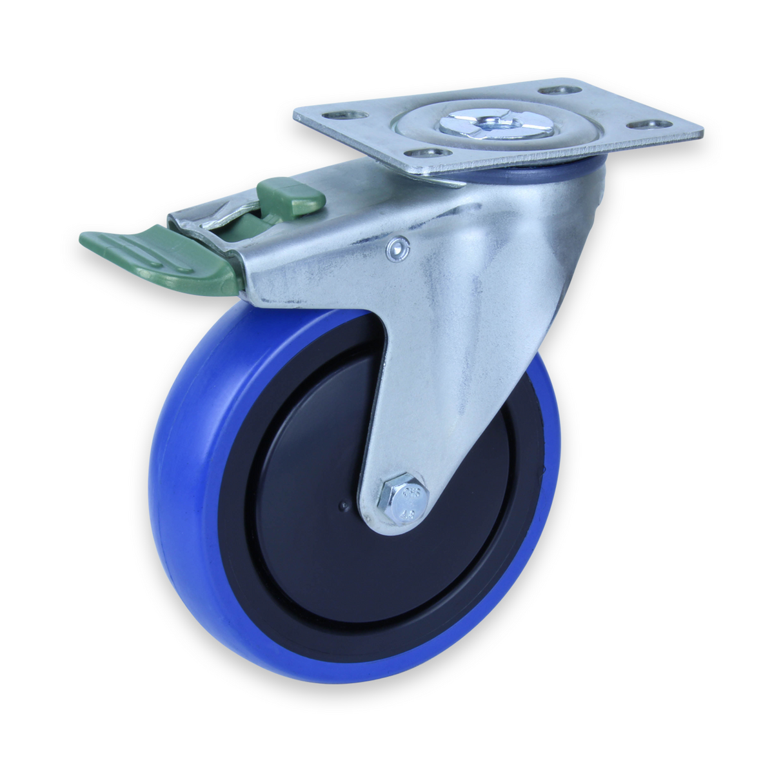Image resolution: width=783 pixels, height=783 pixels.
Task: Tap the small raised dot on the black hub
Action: (x=346, y=506)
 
